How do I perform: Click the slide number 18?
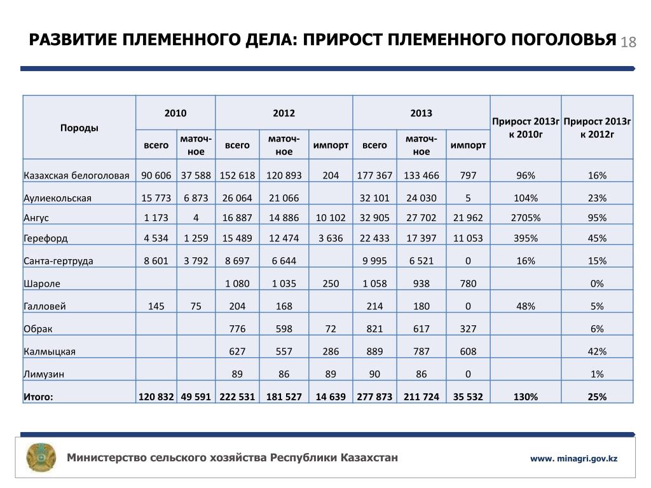(x=628, y=43)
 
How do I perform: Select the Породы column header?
(x=79, y=128)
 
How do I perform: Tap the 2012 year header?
(x=284, y=113)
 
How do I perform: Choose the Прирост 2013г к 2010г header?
(x=526, y=128)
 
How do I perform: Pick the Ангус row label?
(x=36, y=218)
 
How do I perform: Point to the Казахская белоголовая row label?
(x=77, y=175)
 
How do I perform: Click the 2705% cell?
(x=526, y=218)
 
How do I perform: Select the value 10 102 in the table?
(x=331, y=218)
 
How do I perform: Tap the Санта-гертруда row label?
(x=58, y=261)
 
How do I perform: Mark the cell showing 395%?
(x=526, y=238)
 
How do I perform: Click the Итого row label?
(x=39, y=397)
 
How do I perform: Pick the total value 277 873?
(x=374, y=397)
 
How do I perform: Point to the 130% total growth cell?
(x=526, y=397)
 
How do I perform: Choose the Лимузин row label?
(x=45, y=375)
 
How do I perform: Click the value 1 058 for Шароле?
(x=374, y=284)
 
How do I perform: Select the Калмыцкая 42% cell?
(x=597, y=351)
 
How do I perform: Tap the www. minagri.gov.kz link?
(x=575, y=459)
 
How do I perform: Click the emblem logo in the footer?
(x=41, y=457)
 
